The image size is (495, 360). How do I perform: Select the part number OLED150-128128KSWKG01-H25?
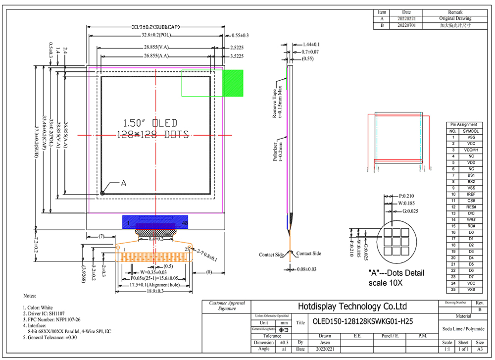(x=363, y=321)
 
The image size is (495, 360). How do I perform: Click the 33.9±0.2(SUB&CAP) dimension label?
(x=155, y=27)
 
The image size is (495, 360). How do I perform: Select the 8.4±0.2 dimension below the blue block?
(x=156, y=239)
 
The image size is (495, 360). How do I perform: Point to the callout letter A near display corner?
(x=124, y=183)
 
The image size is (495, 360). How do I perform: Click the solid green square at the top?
(x=233, y=83)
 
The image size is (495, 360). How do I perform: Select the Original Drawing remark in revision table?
(x=455, y=19)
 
